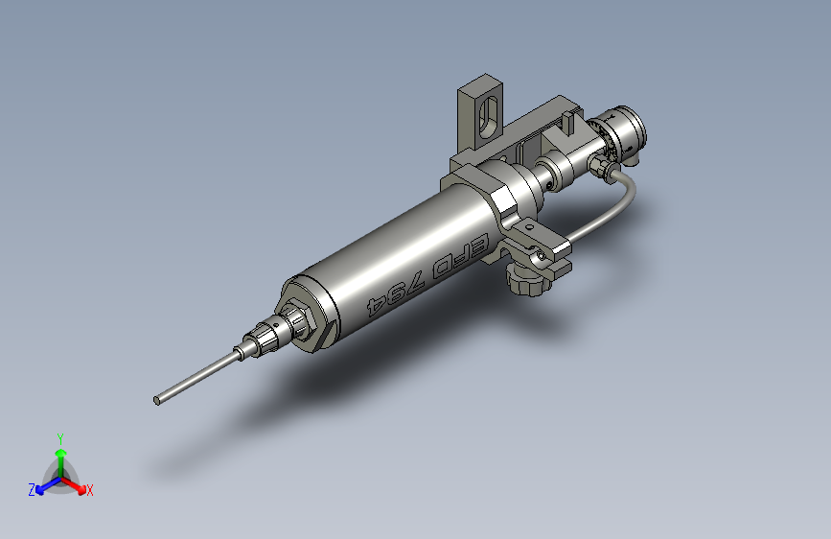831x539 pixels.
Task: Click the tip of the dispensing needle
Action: tap(157, 401)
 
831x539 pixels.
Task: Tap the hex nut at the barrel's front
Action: tap(301, 321)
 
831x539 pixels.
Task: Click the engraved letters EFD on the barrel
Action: tap(458, 257)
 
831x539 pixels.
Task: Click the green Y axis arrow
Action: tap(61, 461)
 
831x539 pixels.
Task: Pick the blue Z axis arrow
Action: tap(49, 485)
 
